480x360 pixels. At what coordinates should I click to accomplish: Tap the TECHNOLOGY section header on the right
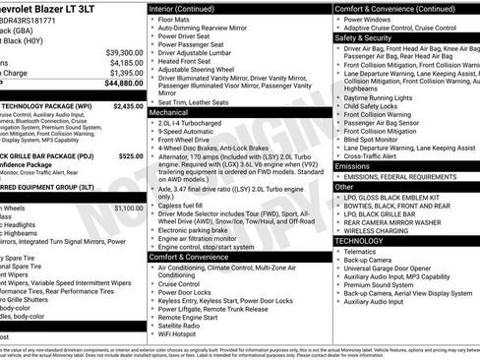(x=358, y=240)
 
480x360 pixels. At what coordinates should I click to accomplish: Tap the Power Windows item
(x=368, y=18)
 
